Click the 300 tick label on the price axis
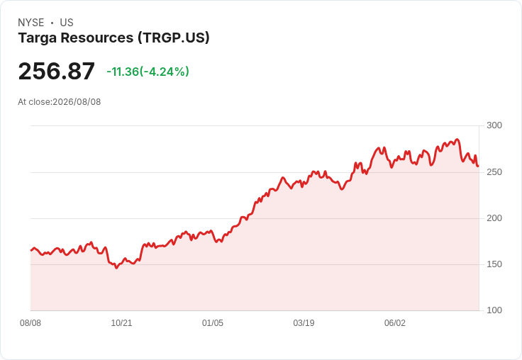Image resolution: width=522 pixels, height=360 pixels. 494,125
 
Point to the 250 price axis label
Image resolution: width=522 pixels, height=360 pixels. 494,172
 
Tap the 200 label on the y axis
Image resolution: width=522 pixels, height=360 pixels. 494,218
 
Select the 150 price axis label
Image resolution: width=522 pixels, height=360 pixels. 494,264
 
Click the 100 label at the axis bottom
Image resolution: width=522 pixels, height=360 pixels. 494,310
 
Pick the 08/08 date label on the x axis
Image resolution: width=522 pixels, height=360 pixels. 30,323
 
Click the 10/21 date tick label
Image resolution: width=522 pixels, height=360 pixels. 121,323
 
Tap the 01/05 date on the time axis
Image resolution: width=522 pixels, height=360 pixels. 212,323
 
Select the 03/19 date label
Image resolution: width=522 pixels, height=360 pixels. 304,323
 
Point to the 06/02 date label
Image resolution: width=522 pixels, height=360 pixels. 395,323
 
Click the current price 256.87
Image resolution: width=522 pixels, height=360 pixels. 56,72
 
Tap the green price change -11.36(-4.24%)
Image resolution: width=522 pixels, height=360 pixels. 148,72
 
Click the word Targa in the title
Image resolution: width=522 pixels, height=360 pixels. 38,38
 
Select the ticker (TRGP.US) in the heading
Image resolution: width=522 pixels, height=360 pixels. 174,38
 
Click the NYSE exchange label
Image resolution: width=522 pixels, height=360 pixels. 31,23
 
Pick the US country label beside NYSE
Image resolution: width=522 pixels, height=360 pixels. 67,23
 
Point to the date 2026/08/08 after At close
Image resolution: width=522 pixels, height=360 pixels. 77,102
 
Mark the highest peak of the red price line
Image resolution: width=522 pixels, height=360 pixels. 457,140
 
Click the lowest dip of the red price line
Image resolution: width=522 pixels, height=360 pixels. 116,268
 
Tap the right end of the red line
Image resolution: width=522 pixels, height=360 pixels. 478,166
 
